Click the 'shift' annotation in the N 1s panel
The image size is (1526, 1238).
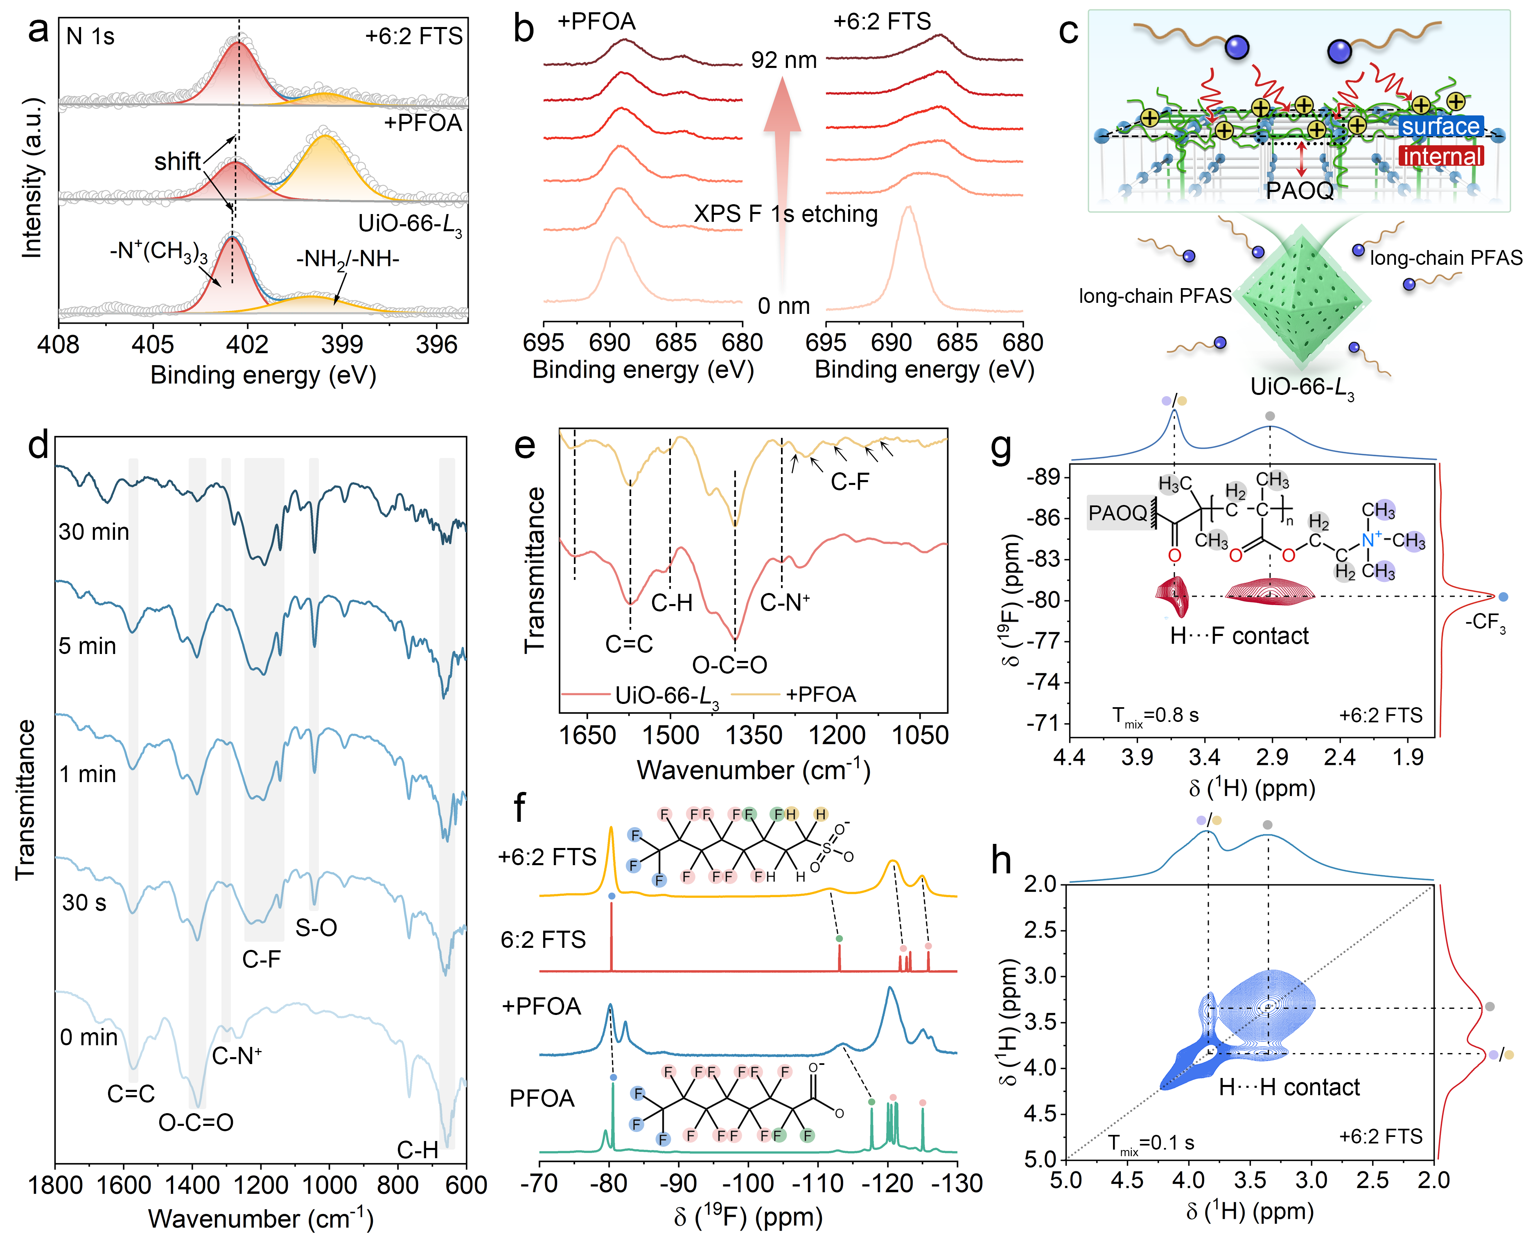(178, 162)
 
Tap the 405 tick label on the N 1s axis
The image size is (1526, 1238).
(153, 345)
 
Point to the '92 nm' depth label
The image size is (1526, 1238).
(784, 60)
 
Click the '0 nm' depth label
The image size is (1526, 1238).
(784, 306)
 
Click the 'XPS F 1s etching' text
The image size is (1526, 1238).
(785, 214)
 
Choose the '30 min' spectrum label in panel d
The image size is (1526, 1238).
(94, 532)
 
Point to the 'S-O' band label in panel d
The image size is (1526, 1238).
(316, 928)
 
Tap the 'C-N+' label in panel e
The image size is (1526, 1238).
(784, 603)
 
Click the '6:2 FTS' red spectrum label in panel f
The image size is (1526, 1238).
(543, 940)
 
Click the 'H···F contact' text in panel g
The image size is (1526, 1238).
(1239, 636)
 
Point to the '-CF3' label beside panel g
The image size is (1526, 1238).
(1485, 622)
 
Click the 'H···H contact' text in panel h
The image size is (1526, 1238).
(1289, 1087)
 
